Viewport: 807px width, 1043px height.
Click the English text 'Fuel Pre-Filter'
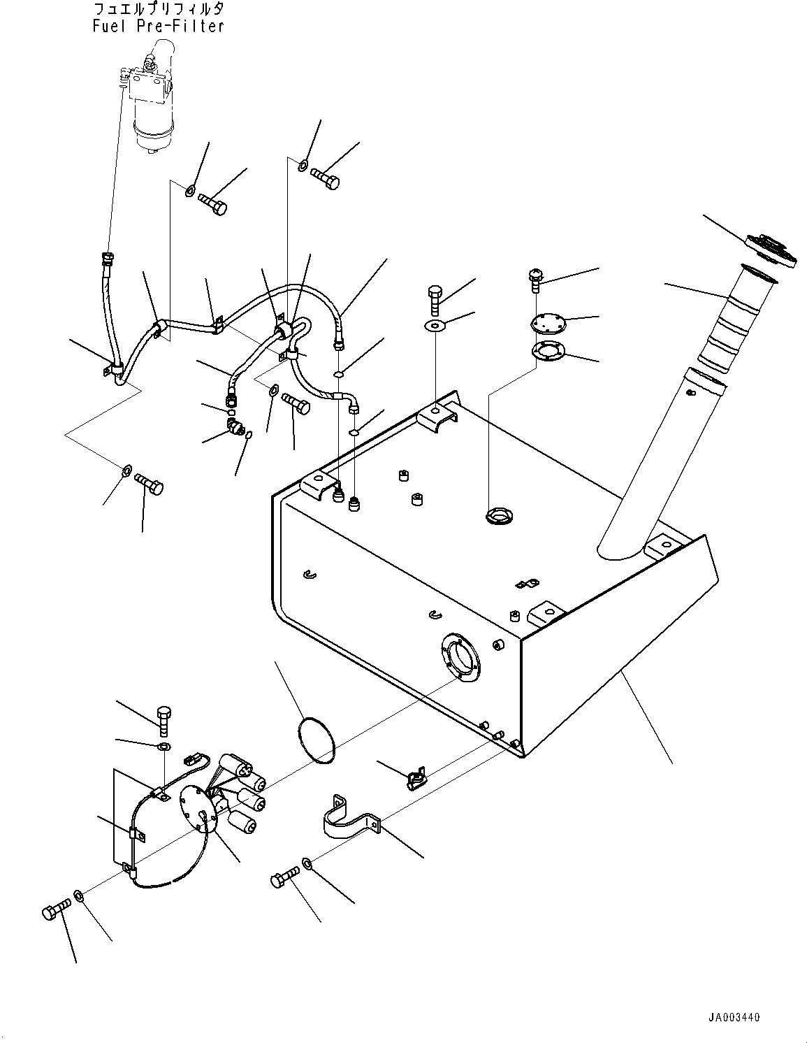coord(158,27)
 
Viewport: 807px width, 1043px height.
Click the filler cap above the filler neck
coord(771,251)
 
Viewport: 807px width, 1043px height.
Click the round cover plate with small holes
coord(548,322)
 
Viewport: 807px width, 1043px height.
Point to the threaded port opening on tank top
coord(499,516)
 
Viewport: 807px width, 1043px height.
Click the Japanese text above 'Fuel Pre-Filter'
coord(158,8)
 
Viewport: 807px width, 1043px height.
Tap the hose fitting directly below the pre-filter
coord(108,259)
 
